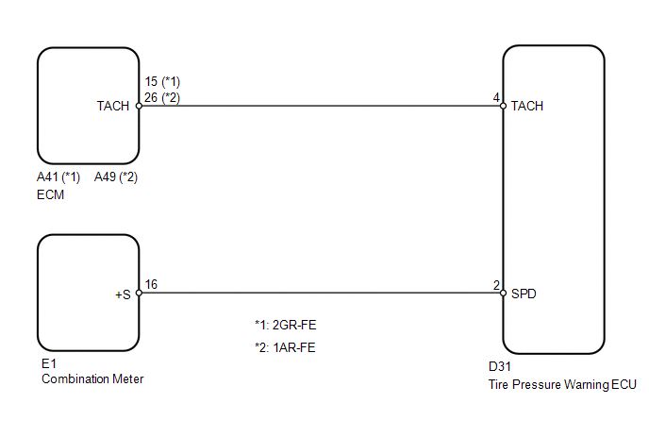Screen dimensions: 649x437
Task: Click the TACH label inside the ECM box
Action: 113,106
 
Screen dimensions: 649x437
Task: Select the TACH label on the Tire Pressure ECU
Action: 527,106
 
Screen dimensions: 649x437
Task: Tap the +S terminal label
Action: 123,294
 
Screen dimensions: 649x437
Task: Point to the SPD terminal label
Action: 524,294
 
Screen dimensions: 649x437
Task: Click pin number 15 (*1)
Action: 162,81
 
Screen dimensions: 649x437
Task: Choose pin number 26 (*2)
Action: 162,98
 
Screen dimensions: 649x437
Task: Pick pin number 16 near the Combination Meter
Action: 151,284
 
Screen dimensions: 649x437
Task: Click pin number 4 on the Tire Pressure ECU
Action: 497,98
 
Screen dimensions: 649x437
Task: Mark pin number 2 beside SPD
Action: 497,285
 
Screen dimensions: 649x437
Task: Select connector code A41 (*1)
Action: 58,177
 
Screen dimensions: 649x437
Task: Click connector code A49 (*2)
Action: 116,177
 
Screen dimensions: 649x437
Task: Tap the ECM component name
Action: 51,194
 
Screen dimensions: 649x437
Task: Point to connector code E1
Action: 49,363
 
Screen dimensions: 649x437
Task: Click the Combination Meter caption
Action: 92,379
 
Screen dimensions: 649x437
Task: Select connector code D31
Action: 500,366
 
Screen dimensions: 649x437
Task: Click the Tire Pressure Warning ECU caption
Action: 562,385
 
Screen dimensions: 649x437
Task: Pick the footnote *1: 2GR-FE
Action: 286,326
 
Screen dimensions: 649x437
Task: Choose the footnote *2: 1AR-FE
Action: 285,347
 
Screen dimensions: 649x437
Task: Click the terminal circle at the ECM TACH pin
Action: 139,106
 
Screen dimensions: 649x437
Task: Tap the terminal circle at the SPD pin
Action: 504,294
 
